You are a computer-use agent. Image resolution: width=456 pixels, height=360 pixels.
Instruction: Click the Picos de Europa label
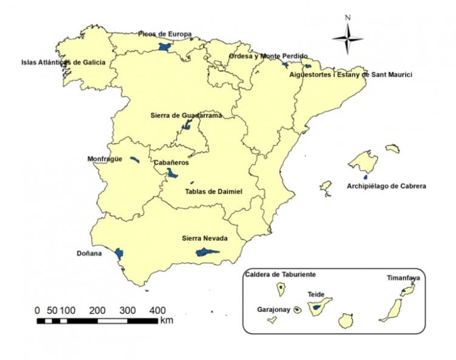coord(165,34)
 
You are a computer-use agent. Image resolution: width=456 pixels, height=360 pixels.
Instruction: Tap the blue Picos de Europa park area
coord(163,46)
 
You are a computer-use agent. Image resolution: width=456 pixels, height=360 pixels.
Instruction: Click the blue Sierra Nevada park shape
coord(206,252)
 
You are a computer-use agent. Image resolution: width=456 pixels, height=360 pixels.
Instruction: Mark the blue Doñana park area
coord(119,253)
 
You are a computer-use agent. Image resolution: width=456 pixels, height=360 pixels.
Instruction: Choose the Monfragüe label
coord(105,159)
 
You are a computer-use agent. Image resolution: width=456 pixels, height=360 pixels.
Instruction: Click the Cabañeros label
coord(171,163)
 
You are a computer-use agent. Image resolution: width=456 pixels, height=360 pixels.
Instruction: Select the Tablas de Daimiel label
coord(213,192)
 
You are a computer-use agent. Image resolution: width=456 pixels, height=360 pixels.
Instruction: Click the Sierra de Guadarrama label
coord(185,115)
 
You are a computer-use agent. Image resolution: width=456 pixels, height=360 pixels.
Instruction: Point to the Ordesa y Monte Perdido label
coord(268,56)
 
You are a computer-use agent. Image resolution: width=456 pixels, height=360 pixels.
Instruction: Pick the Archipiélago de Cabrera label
coord(386,185)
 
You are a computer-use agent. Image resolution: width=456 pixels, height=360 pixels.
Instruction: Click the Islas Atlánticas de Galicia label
coord(63,62)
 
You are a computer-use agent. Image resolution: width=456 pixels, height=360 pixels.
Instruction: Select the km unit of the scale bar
coord(167,320)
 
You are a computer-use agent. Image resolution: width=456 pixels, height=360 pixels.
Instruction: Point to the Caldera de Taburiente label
coord(280,274)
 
